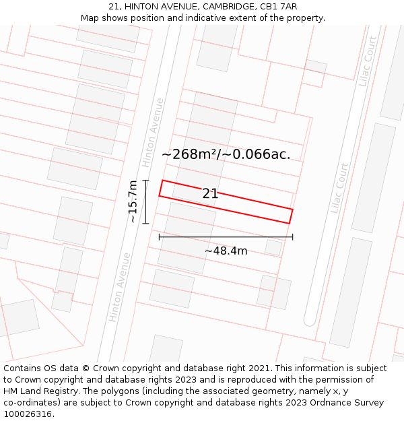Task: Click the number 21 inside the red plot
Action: pyautogui.click(x=210, y=194)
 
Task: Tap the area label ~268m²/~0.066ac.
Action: pyautogui.click(x=226, y=154)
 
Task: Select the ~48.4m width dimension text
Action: pyautogui.click(x=226, y=251)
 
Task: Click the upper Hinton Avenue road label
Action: pyautogui.click(x=153, y=133)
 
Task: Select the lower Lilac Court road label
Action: pyautogui.click(x=339, y=189)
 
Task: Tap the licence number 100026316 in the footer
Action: pyautogui.click(x=28, y=414)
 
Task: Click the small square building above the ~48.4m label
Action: pyautogui.click(x=273, y=247)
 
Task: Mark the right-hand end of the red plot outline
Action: pyautogui.click(x=291, y=216)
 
